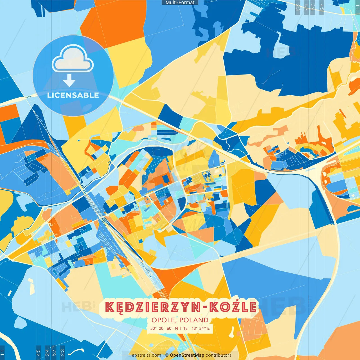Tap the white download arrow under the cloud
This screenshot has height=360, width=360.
(69, 80)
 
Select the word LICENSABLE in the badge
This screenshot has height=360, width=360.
(73, 95)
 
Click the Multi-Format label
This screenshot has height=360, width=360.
(180, 3)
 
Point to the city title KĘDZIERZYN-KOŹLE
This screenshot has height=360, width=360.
(181, 307)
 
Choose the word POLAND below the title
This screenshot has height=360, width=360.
(194, 320)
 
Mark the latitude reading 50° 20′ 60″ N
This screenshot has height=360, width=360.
(164, 328)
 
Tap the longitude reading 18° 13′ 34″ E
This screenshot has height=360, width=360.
(197, 328)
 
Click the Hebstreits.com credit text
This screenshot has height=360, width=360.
(145, 355)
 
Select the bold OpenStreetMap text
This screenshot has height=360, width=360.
(187, 355)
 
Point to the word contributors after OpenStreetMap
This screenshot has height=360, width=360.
(219, 355)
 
